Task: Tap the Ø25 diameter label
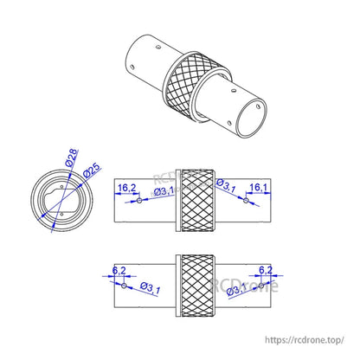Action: [x=87, y=170]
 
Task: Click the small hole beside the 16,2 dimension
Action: [x=139, y=201]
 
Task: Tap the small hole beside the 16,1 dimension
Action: [x=246, y=201]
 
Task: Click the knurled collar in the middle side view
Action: [x=195, y=199]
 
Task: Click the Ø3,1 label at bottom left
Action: [x=145, y=287]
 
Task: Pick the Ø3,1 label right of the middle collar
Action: [x=225, y=186]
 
